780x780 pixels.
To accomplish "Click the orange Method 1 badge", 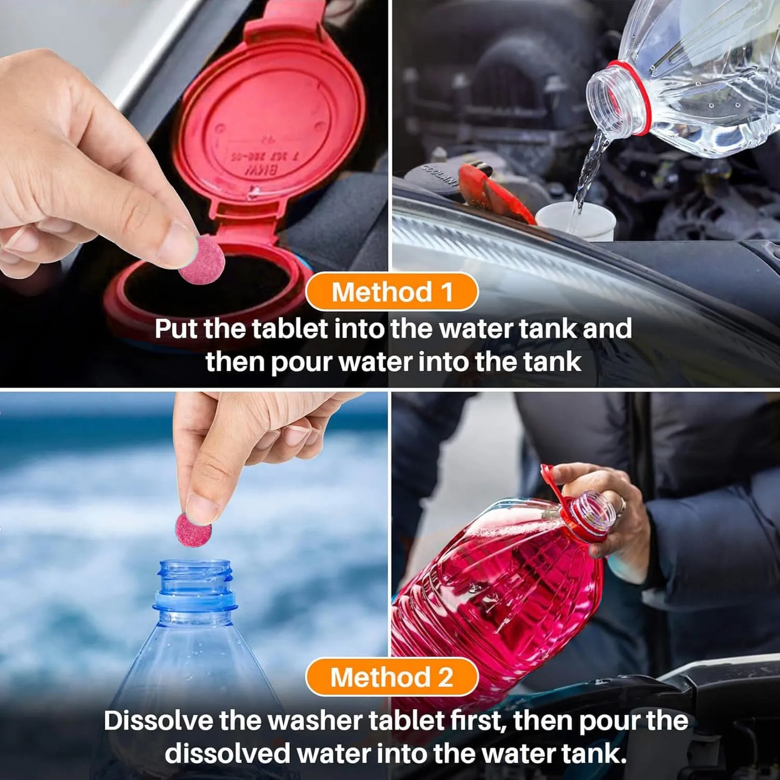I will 391,292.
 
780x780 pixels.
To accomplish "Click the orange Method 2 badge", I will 391,677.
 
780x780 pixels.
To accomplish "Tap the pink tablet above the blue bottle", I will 193,530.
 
